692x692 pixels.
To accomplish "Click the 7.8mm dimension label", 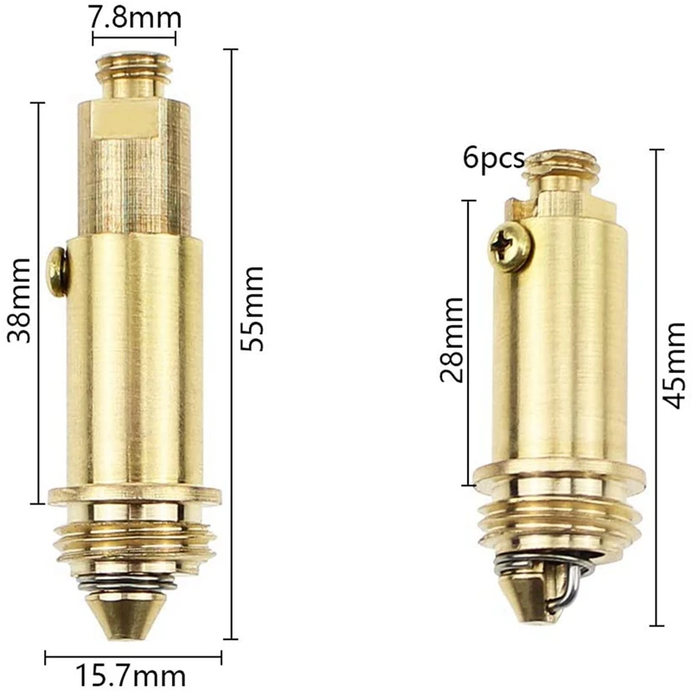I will [134, 16].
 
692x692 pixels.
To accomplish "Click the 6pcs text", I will [494, 158].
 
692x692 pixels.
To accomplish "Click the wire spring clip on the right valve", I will [571, 584].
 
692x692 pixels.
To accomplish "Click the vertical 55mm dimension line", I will [230, 346].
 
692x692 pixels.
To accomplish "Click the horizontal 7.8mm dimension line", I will [134, 38].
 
